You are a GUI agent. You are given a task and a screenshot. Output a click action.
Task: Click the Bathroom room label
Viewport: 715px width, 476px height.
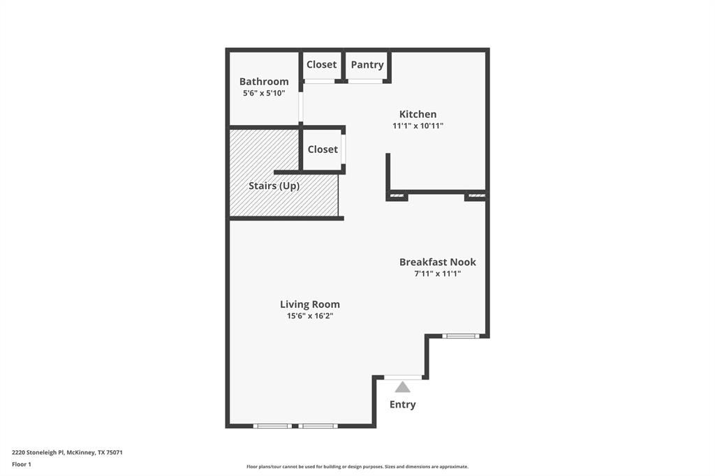[264, 82]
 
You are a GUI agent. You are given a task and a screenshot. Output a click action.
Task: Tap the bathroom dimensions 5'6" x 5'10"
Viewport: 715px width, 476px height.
[264, 93]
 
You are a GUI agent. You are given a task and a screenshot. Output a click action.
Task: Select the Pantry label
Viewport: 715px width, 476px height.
[367, 65]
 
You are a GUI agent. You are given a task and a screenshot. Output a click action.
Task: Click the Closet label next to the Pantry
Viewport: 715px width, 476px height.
[322, 64]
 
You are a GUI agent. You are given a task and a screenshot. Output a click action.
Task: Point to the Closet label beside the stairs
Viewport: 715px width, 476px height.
[323, 149]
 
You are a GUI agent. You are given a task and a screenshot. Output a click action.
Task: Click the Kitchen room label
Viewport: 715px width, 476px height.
[418, 114]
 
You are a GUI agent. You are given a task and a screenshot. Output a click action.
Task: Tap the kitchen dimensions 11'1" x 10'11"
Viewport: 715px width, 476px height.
[418, 126]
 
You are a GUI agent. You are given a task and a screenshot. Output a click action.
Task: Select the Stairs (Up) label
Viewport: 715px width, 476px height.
[274, 186]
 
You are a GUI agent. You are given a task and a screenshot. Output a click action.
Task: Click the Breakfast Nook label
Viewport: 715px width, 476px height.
[438, 262]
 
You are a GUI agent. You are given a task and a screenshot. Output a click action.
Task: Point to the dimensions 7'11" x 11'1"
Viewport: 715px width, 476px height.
[438, 274]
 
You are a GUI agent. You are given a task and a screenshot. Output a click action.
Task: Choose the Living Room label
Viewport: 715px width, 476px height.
[310, 304]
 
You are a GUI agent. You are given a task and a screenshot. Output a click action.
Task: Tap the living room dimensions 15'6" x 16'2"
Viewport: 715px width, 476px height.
[310, 316]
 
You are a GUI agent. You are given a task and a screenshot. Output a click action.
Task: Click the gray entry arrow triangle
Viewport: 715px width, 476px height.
[403, 387]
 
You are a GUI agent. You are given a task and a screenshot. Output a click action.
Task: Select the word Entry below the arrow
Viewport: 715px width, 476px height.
[403, 405]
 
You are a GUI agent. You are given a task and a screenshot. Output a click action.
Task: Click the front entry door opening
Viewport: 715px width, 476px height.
[403, 378]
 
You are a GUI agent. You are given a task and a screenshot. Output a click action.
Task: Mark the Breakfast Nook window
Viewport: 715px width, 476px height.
[462, 336]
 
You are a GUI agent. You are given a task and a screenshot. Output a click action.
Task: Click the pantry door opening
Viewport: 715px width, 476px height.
[365, 82]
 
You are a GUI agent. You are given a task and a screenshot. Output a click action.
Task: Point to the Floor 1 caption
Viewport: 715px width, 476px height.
[22, 464]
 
